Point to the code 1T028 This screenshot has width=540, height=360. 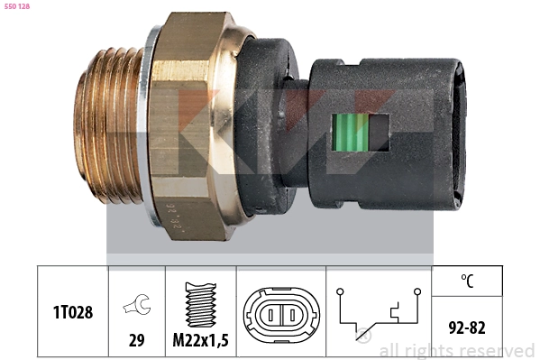click(x=72, y=311)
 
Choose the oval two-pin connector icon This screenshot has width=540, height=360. click(x=279, y=313)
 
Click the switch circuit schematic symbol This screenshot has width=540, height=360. click(x=379, y=313)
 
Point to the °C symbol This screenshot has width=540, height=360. click(x=467, y=281)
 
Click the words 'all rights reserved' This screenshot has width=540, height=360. click(x=456, y=350)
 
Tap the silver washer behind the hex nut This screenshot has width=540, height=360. click(x=152, y=135)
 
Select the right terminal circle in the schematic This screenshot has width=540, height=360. click(x=419, y=291)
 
